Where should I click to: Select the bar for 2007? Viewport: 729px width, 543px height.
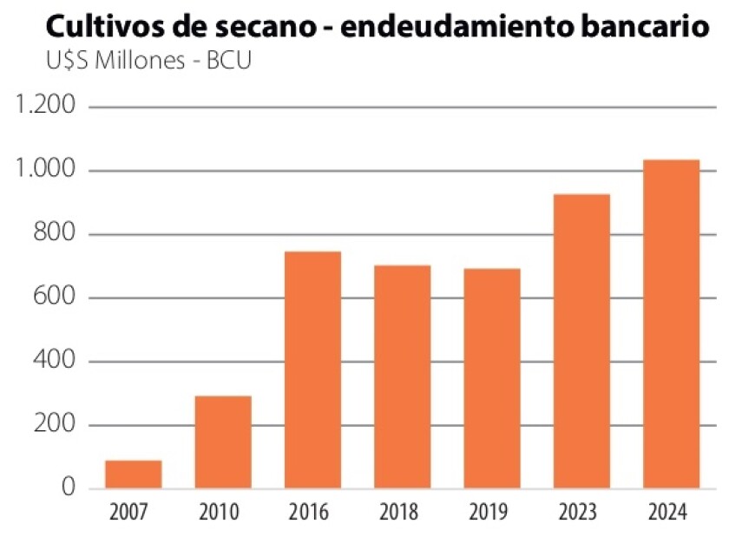134,474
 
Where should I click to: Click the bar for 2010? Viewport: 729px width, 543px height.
223,442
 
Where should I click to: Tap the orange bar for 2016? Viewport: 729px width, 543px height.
313,370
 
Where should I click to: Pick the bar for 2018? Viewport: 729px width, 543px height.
403,377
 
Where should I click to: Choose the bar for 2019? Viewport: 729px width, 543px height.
492,379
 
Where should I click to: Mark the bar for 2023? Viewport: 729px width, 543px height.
581,342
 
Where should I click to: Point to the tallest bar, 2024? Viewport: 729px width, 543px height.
671,324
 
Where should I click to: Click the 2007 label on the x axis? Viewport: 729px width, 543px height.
134,512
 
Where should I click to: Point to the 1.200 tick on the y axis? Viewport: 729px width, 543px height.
46,107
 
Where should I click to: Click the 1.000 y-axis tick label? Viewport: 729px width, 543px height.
46,171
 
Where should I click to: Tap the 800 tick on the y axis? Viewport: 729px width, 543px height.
56,234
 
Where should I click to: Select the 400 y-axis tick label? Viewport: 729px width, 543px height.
56,362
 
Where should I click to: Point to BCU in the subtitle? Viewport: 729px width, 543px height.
227,63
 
